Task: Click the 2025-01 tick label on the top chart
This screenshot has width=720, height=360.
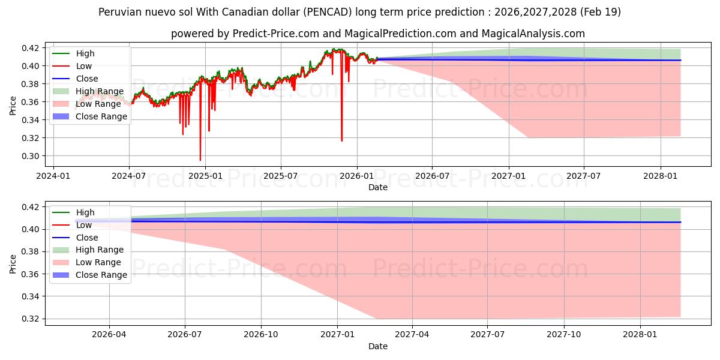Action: click(205, 176)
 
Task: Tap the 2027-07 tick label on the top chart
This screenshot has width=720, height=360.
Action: click(583, 176)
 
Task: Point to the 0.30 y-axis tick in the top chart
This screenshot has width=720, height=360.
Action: click(30, 156)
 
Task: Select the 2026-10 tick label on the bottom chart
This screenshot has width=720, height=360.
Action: click(261, 335)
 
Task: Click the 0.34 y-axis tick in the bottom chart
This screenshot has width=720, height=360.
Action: click(30, 296)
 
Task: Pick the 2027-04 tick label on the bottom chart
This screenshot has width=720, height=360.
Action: click(412, 335)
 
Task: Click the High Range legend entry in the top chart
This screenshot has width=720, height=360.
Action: click(88, 91)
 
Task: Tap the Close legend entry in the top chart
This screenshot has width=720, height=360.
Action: click(75, 79)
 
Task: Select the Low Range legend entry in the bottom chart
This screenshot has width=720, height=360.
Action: click(87, 262)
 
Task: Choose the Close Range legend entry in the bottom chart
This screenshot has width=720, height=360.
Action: click(89, 275)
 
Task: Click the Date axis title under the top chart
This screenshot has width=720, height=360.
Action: click(378, 187)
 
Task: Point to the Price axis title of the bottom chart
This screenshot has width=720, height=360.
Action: click(13, 264)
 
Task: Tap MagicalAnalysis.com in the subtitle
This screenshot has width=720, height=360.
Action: click(533, 34)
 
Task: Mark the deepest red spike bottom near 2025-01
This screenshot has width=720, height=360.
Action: click(200, 160)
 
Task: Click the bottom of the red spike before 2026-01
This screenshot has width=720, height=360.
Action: click(341, 140)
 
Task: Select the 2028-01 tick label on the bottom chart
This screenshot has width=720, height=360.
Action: click(640, 335)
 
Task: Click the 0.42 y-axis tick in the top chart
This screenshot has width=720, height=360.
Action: click(30, 48)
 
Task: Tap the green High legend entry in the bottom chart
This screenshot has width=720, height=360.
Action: click(73, 212)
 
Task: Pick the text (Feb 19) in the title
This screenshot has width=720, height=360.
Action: click(601, 12)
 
